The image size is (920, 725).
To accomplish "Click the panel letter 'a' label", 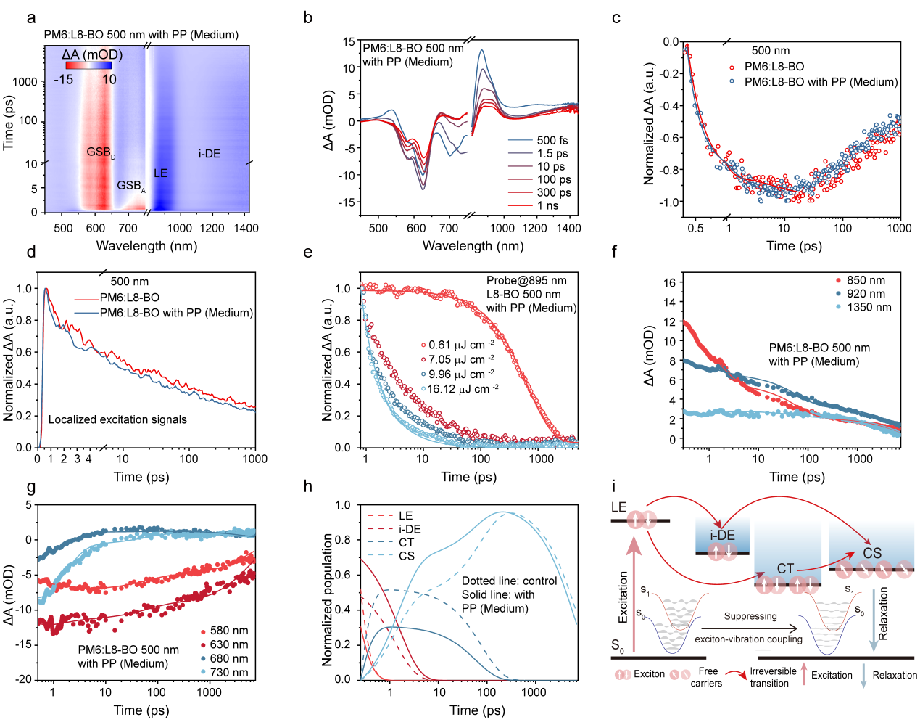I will pyautogui.click(x=31, y=17).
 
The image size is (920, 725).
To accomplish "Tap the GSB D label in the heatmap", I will pyautogui.click(x=100, y=152).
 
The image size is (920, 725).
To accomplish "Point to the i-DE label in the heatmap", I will pyautogui.click(x=210, y=154).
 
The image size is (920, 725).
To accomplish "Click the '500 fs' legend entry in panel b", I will pyautogui.click(x=552, y=140).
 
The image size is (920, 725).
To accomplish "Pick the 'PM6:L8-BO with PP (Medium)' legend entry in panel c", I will pyautogui.click(x=821, y=82).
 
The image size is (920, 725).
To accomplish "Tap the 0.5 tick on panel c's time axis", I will pyautogui.click(x=695, y=228).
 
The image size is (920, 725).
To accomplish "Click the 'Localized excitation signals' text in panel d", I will pyautogui.click(x=117, y=419).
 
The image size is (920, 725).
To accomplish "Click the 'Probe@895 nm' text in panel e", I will pyautogui.click(x=526, y=281).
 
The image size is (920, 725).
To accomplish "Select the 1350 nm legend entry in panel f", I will pyautogui.click(x=869, y=307).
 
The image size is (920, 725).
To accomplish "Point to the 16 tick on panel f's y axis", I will pyautogui.click(x=669, y=282).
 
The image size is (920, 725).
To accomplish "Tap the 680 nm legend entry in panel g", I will pyautogui.click(x=228, y=658).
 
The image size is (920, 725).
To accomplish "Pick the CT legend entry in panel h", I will pyautogui.click(x=406, y=543).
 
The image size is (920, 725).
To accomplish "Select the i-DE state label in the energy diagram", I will pyautogui.click(x=722, y=535).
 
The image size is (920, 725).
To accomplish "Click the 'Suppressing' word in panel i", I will pyautogui.click(x=750, y=616).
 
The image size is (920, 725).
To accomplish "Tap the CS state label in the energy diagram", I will pyautogui.click(x=871, y=553).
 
